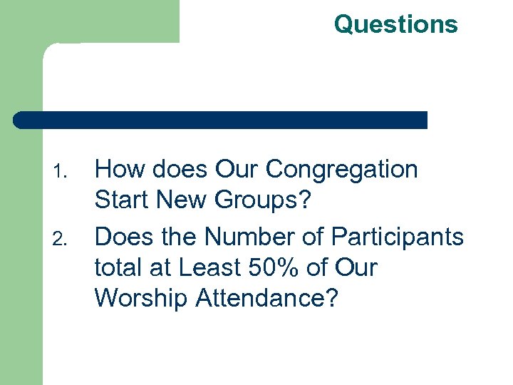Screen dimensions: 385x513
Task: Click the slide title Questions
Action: tap(395, 24)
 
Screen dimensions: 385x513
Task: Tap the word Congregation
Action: tap(341, 170)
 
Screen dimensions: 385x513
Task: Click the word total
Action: tap(118, 268)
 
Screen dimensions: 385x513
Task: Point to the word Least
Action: tap(212, 268)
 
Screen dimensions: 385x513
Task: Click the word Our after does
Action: tap(237, 170)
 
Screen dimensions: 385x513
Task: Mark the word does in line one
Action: tap(178, 170)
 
